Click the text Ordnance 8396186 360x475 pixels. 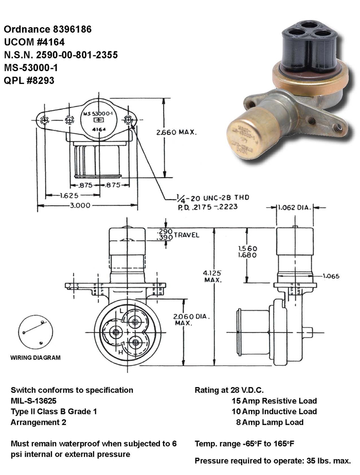(47, 30)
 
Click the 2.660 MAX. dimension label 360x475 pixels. (177, 132)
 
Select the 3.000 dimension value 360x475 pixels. (80, 205)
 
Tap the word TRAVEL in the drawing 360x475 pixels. (186, 235)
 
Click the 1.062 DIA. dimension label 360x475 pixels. (294, 208)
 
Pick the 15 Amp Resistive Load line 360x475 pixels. (274, 401)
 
